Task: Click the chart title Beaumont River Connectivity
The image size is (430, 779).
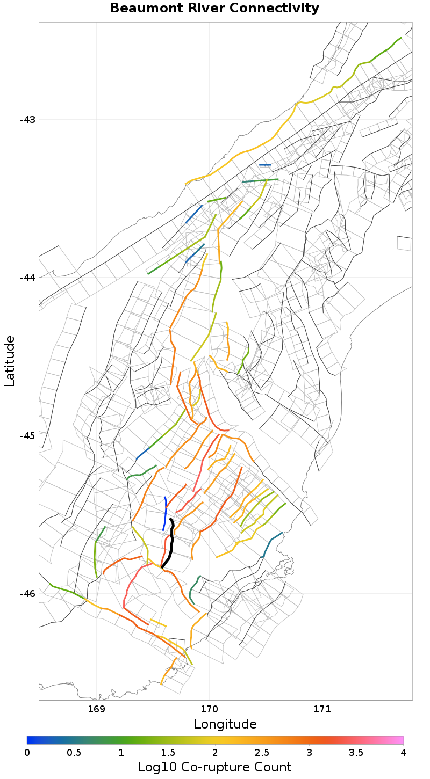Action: coord(214,9)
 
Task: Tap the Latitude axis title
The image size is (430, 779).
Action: coord(10,361)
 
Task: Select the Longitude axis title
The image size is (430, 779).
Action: coord(225,724)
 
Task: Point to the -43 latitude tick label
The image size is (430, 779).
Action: coord(27,119)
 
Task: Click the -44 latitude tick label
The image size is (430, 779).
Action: coord(27,277)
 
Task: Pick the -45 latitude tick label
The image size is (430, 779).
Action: coord(27,435)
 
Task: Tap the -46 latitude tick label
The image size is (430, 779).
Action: coord(27,593)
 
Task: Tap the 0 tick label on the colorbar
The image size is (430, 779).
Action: coord(27,753)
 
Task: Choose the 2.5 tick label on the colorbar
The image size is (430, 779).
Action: coord(262,753)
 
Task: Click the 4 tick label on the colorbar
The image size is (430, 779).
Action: coord(403,753)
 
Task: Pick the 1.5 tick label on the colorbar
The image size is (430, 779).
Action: coord(168,753)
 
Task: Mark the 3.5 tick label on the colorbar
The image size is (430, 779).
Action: coord(356,753)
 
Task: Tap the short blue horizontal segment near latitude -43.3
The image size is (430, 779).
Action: coord(265,165)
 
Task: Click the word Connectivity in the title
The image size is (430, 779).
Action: coord(279,9)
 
